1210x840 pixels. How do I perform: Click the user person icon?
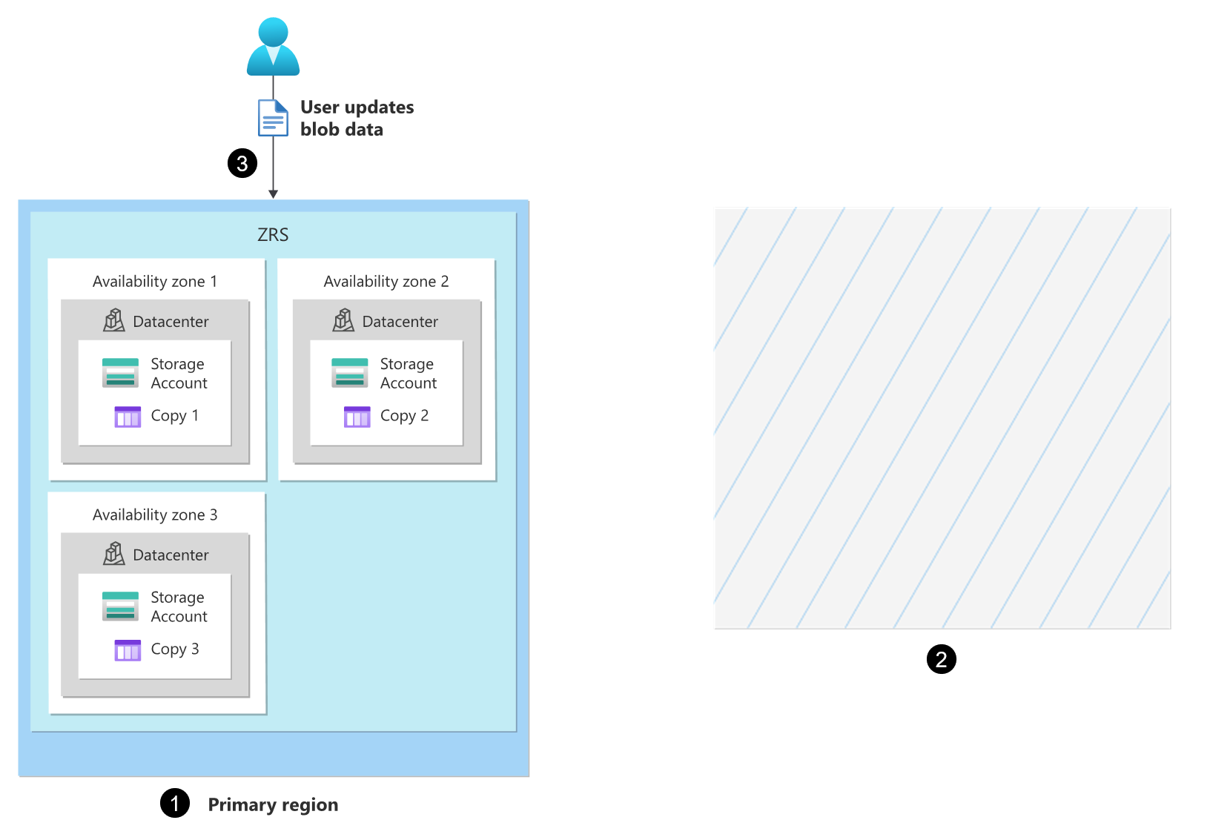pyautogui.click(x=273, y=47)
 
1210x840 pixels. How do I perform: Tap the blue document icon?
pyautogui.click(x=273, y=118)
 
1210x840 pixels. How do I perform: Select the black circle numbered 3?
pyautogui.click(x=242, y=163)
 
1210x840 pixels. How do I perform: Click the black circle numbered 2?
pyautogui.click(x=942, y=659)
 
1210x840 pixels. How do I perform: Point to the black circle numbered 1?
pyautogui.click(x=175, y=803)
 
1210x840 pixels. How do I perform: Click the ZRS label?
pyautogui.click(x=273, y=235)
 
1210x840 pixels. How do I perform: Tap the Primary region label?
pyautogui.click(x=273, y=804)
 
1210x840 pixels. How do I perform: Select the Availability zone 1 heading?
pyautogui.click(x=155, y=282)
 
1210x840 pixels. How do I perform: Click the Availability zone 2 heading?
pyautogui.click(x=386, y=282)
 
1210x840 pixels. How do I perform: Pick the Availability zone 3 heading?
pyautogui.click(x=155, y=515)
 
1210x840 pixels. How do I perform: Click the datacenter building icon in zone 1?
pyautogui.click(x=114, y=320)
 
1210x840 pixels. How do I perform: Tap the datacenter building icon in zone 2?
pyautogui.click(x=343, y=320)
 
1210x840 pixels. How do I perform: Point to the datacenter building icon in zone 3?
pyautogui.click(x=114, y=554)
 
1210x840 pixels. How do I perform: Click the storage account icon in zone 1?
pyautogui.click(x=120, y=373)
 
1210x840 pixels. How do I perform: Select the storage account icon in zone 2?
pyautogui.click(x=350, y=373)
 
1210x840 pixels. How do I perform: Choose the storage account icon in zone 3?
pyautogui.click(x=120, y=606)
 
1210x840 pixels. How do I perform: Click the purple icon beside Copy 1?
pyautogui.click(x=128, y=417)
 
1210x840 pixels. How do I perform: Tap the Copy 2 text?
pyautogui.click(x=404, y=416)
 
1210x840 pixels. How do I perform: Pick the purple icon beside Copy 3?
pyautogui.click(x=128, y=650)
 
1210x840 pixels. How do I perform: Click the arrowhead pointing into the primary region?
pyautogui.click(x=273, y=194)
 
